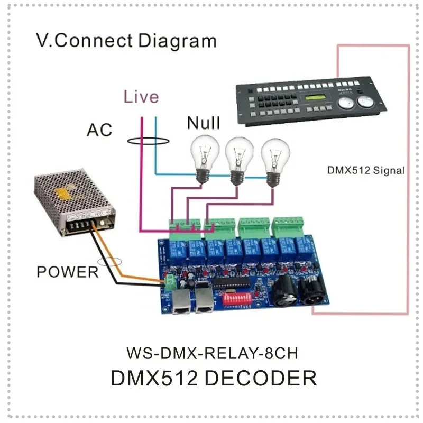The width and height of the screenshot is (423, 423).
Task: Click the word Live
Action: pos(141,97)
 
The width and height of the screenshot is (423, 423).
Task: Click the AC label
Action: pos(99,130)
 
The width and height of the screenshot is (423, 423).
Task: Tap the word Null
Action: pos(204,124)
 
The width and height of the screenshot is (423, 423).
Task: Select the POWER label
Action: pos(67,272)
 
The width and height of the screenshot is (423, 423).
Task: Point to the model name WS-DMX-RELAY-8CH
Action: pos(215,352)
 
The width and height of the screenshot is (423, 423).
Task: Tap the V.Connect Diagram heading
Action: pos(126,41)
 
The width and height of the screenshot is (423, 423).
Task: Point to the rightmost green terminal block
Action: pos(286,226)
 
